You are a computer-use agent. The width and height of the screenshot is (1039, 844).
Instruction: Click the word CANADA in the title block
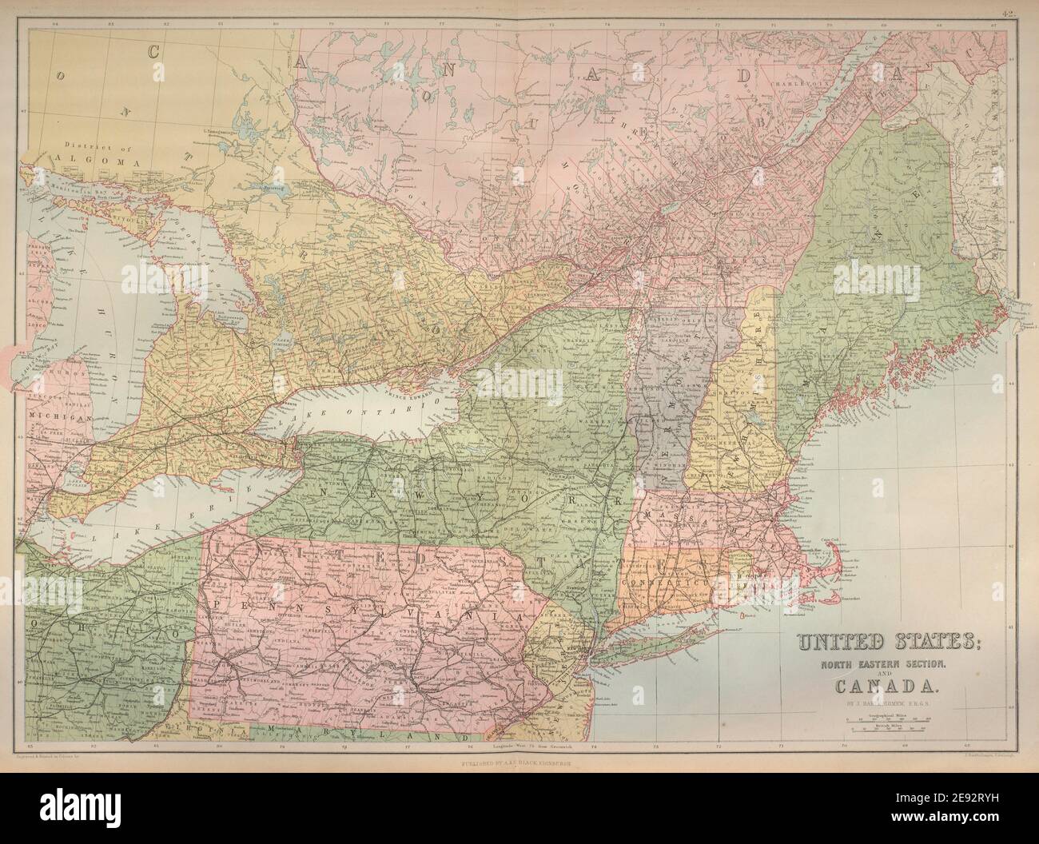tap(876, 684)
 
